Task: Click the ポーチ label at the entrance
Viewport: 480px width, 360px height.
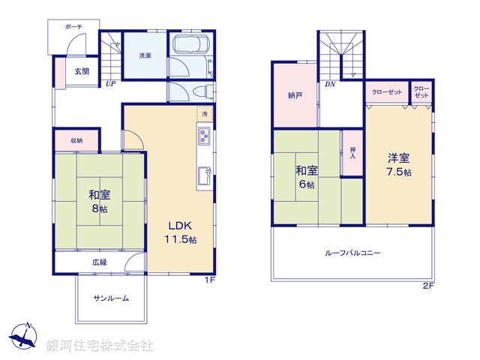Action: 73,26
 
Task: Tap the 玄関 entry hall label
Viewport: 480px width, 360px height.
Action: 81,72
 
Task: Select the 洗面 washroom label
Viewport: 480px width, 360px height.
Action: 145,55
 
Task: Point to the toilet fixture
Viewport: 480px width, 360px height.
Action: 201,91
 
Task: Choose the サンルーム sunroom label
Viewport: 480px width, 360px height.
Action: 111,298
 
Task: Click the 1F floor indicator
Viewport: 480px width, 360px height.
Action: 211,280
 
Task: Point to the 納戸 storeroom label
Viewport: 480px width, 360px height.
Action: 295,96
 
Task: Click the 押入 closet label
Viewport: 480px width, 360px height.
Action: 353,153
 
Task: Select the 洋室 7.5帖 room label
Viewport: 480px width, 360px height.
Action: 399,165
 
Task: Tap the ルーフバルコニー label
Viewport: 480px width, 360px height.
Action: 352,253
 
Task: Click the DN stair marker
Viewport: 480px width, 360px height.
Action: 330,84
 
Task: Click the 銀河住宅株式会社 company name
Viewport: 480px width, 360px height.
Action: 100,346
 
